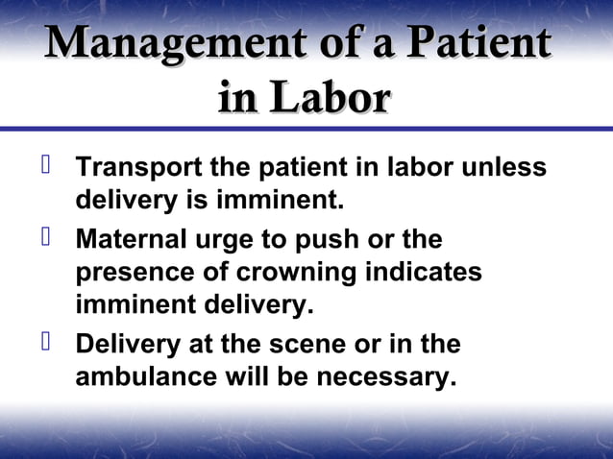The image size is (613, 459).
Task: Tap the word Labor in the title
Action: (x=331, y=99)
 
